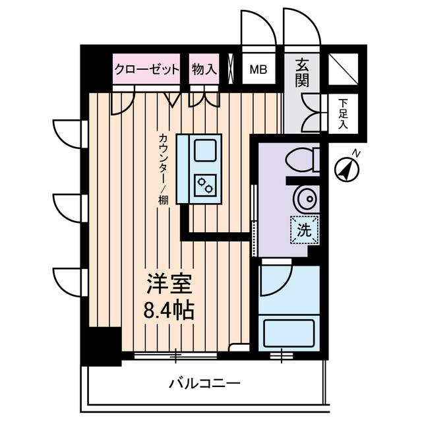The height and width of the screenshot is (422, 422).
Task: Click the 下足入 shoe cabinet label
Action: click(343, 113)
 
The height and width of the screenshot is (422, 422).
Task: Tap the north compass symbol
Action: click(346, 169)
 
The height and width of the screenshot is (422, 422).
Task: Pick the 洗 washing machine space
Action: click(304, 230)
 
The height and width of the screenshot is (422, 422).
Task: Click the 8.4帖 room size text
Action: click(169, 309)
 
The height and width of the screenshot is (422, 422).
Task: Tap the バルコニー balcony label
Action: click(204, 382)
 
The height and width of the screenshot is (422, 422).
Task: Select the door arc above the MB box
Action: click(256, 28)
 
